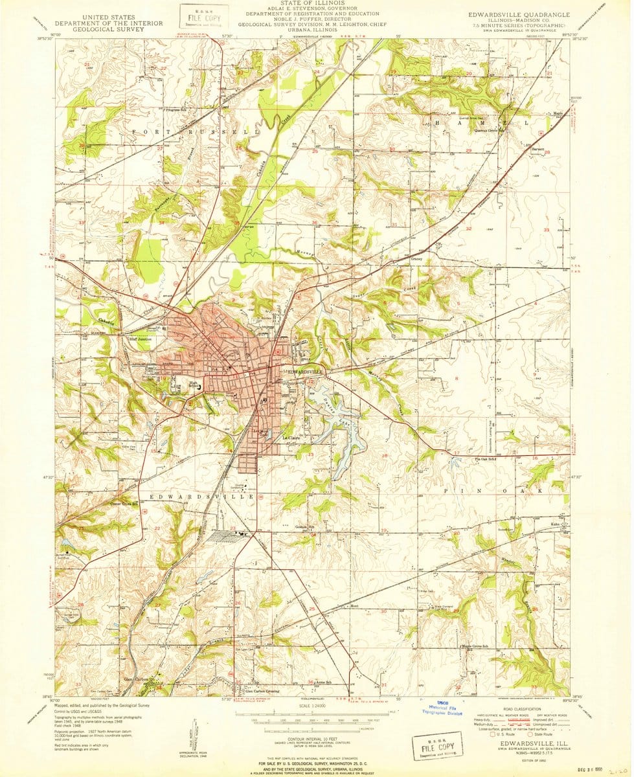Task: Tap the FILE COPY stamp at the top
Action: [x=199, y=17]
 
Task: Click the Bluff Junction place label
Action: [x=140, y=338]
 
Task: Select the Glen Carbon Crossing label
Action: [x=262, y=691]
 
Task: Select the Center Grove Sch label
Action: [x=124, y=503]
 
